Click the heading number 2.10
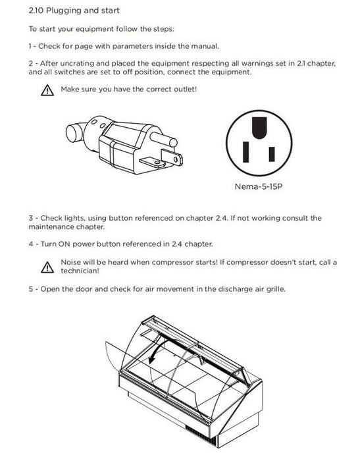click(x=36, y=11)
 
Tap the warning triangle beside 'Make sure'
click(x=47, y=90)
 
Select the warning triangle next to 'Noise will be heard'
click(x=47, y=267)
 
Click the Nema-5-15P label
click(x=259, y=186)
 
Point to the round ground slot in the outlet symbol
click(x=259, y=128)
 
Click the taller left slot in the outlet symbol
click(x=245, y=151)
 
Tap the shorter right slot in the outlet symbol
click(x=272, y=154)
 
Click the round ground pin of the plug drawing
click(x=163, y=139)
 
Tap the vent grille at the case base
click(x=201, y=435)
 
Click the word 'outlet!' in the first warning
click(x=185, y=89)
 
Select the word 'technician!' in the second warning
click(x=80, y=271)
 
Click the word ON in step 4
click(x=64, y=244)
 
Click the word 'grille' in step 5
click(x=276, y=289)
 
